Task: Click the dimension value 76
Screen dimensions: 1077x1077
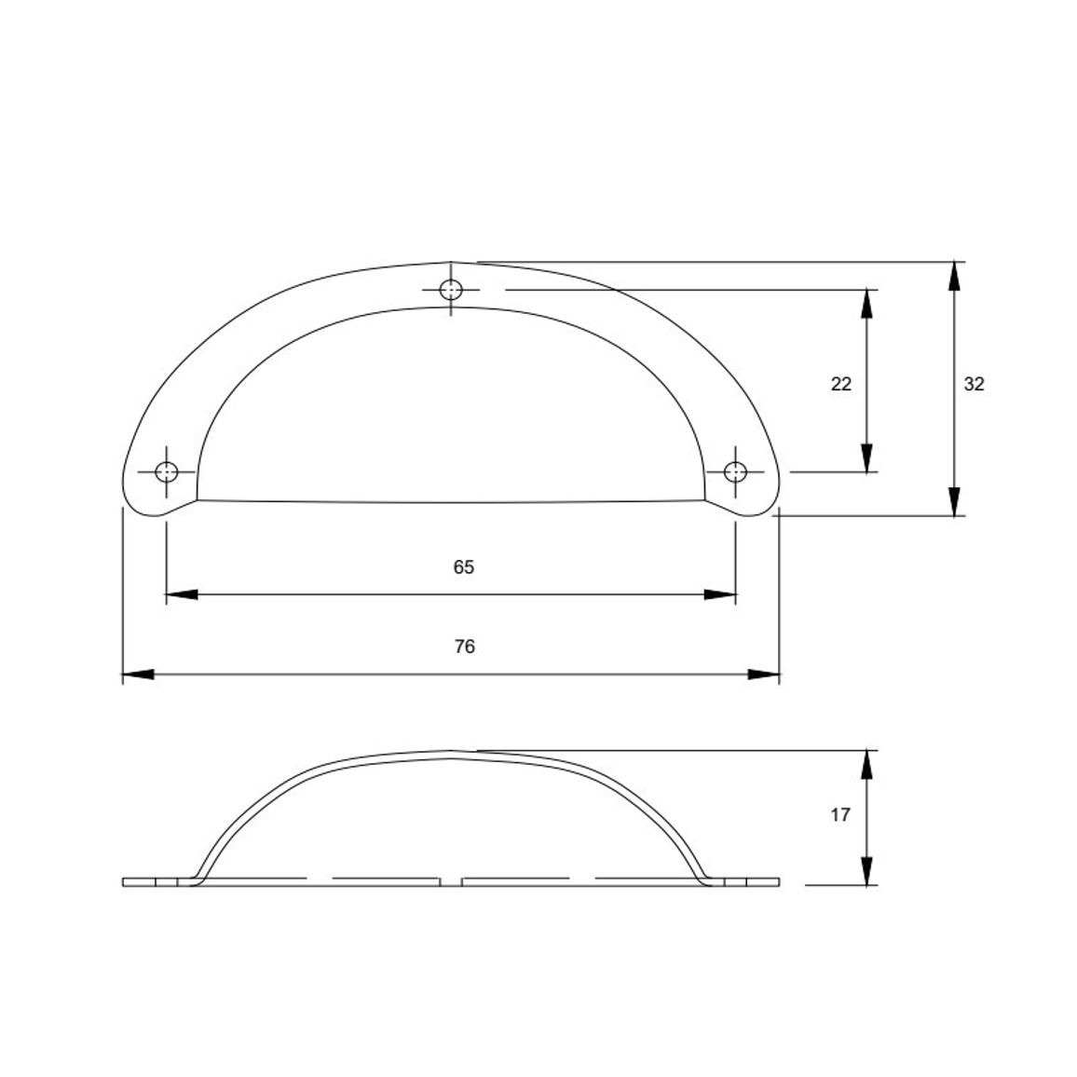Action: (464, 647)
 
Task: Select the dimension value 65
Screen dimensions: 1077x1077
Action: (464, 567)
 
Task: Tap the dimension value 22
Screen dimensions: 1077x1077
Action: (840, 384)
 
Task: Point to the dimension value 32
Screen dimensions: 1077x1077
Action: (974, 384)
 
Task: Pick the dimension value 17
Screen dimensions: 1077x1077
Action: (840, 815)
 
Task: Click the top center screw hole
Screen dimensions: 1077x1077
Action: (451, 290)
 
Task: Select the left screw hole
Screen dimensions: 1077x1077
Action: (166, 472)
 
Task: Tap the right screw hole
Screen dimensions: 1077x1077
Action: (736, 472)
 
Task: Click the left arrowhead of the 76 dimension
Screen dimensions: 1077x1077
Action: (138, 675)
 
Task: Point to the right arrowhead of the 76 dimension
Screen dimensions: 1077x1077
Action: (764, 675)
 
